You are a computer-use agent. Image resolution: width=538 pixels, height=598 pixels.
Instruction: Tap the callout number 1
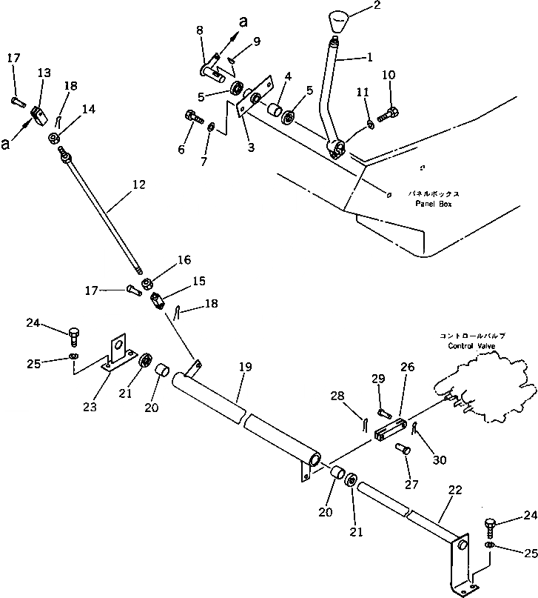pyautogui.click(x=369, y=56)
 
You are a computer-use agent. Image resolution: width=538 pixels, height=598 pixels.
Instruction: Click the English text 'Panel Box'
pyautogui.click(x=433, y=203)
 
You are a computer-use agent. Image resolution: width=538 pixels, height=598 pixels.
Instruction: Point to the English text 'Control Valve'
pyautogui.click(x=474, y=345)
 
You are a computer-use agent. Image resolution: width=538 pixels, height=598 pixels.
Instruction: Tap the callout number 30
pyautogui.click(x=440, y=459)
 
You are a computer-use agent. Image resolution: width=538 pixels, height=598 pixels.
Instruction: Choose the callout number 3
pyautogui.click(x=252, y=147)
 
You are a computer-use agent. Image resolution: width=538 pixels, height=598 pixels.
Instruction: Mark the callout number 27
pyautogui.click(x=411, y=485)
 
